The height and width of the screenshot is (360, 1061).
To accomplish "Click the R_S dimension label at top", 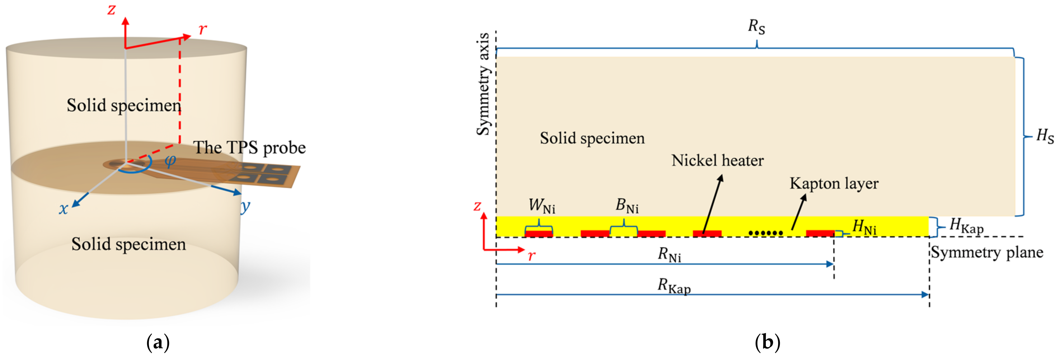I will pyautogui.click(x=756, y=27).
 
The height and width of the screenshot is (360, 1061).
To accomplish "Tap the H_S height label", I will pyautogui.click(x=1044, y=136).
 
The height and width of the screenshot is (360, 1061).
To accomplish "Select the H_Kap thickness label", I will pyautogui.click(x=966, y=226).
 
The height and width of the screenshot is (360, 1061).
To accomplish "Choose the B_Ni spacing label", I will pyautogui.click(x=627, y=206).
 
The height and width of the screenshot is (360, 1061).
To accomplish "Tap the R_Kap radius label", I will pyautogui.click(x=674, y=286).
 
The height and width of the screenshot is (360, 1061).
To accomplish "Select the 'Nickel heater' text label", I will pyautogui.click(x=717, y=160).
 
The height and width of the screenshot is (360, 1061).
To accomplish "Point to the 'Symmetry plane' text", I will pyautogui.click(x=987, y=252).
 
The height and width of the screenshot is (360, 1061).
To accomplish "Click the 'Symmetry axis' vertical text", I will pyautogui.click(x=483, y=84).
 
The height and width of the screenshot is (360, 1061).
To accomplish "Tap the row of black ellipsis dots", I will pyautogui.click(x=765, y=233).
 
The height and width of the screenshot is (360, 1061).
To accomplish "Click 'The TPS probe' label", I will pyautogui.click(x=250, y=147).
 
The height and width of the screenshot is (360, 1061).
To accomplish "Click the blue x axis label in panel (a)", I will pyautogui.click(x=63, y=209).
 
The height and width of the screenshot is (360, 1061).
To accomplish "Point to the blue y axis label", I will pyautogui.click(x=245, y=206).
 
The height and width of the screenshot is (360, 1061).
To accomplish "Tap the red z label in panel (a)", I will pyautogui.click(x=111, y=10).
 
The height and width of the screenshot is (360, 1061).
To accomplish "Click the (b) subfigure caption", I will pyautogui.click(x=767, y=343).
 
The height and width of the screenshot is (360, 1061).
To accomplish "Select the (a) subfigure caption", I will pyautogui.click(x=158, y=343).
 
